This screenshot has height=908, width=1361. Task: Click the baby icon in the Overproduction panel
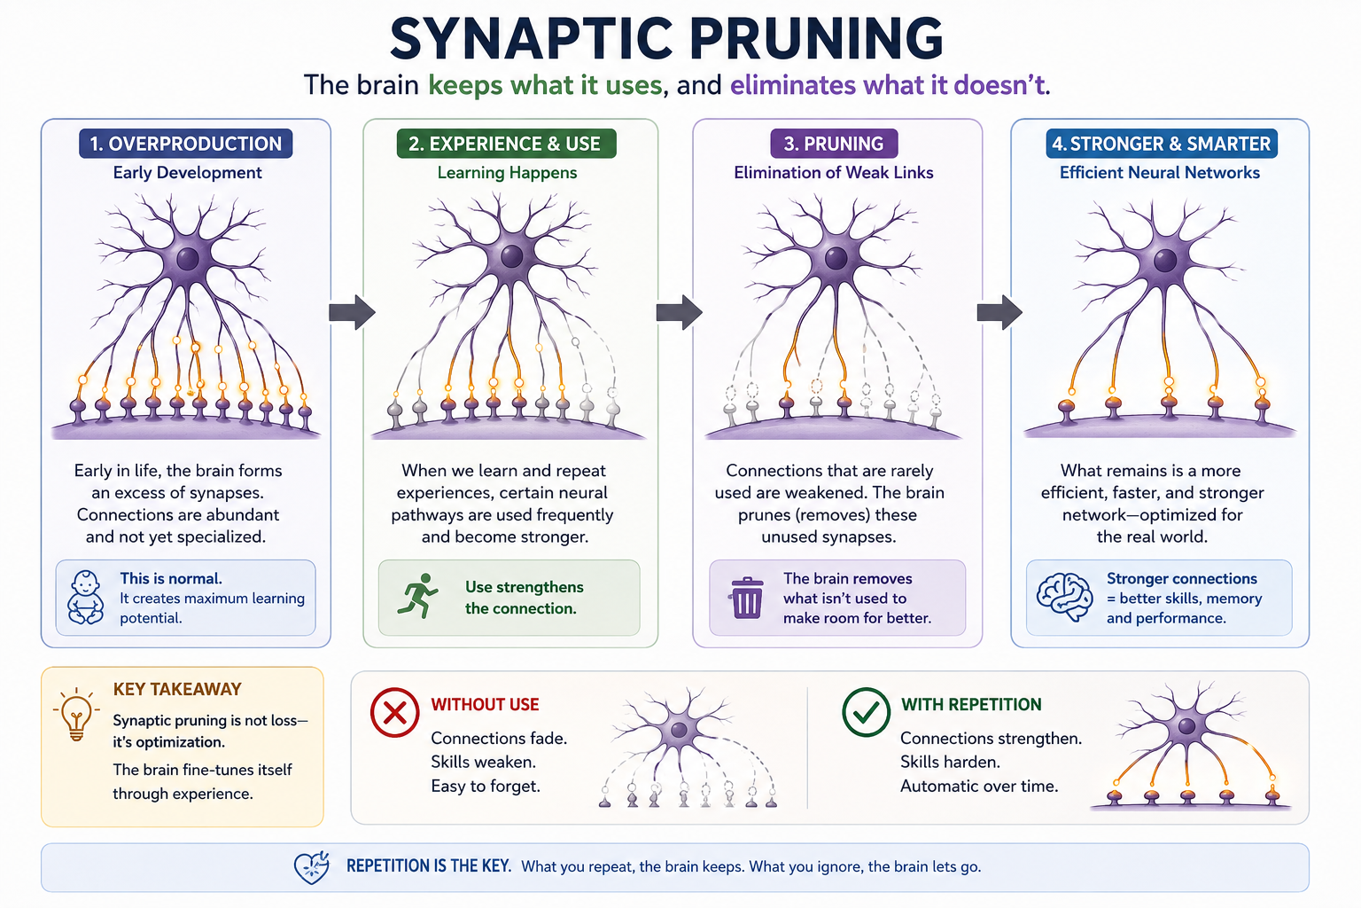85,598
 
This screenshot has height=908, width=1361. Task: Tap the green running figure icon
417,596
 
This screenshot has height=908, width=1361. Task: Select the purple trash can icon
747,598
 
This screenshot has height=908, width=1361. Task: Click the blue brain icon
1064,597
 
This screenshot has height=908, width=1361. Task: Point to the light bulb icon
76,714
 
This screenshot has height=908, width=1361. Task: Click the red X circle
394,712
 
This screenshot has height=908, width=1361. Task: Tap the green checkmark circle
866,712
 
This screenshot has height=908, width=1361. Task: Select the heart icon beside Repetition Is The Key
312,867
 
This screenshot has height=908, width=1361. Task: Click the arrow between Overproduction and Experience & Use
352,313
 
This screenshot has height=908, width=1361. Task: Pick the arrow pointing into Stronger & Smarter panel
999,313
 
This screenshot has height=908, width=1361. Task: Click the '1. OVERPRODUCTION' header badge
185,144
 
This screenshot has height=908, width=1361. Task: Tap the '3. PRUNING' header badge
834,144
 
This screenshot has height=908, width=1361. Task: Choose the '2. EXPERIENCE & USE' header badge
506,144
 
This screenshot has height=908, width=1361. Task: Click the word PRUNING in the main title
816,39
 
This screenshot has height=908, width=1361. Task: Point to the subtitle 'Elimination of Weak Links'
834,173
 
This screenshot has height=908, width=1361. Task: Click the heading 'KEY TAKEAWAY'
177,689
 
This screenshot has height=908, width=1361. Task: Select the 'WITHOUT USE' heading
485,704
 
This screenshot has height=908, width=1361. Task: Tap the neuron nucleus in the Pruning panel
836,258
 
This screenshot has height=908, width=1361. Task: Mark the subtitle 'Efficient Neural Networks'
1159,173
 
